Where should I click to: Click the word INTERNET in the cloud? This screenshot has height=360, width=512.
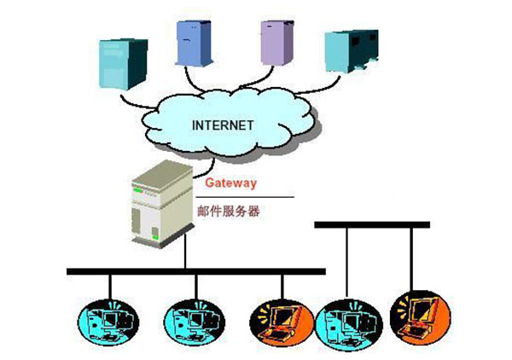point(223,125)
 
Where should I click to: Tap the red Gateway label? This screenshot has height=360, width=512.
point(231,183)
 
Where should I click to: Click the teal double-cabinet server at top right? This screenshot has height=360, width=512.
point(351,52)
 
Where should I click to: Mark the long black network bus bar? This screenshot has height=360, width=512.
point(196,271)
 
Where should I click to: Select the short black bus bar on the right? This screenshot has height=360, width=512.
point(372,224)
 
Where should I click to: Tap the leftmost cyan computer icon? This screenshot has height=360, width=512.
point(108,319)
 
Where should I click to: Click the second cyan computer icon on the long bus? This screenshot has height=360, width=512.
point(188,319)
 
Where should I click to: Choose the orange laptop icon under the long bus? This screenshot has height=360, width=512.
point(276,319)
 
